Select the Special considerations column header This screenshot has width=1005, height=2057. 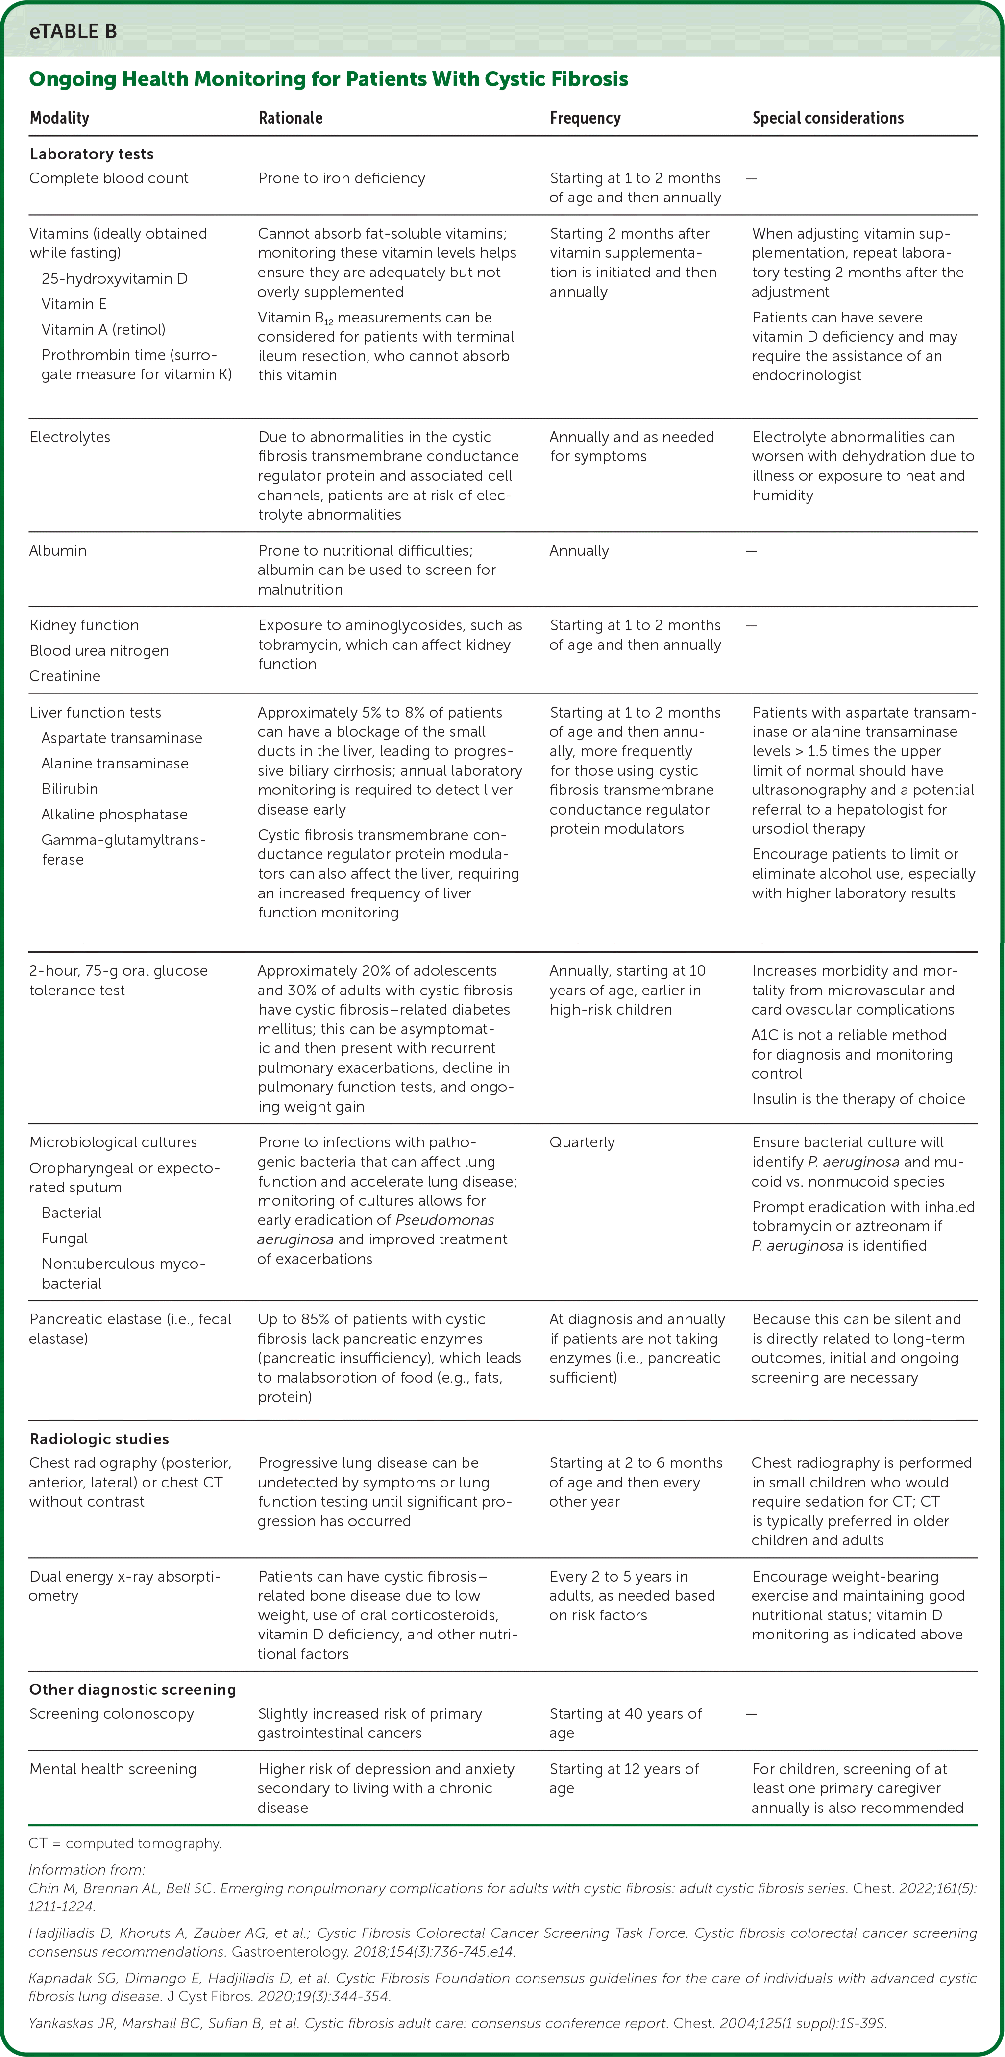pos(827,118)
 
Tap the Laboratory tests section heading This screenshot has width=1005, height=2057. pos(91,154)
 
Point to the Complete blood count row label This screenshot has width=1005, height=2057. pos(109,178)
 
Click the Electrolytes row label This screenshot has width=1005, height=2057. pos(70,437)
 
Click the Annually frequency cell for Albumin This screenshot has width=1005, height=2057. pos(579,550)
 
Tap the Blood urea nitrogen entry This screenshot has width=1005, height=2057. pos(99,651)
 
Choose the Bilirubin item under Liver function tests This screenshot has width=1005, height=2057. pos(70,789)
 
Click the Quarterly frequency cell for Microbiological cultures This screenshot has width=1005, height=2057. pos(582,1142)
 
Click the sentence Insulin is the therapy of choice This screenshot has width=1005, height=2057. pos(858,1100)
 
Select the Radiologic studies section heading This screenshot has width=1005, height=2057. pos(99,1439)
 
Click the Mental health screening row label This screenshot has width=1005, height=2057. pos(113,1769)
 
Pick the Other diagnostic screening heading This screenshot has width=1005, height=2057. pos(132,1690)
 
